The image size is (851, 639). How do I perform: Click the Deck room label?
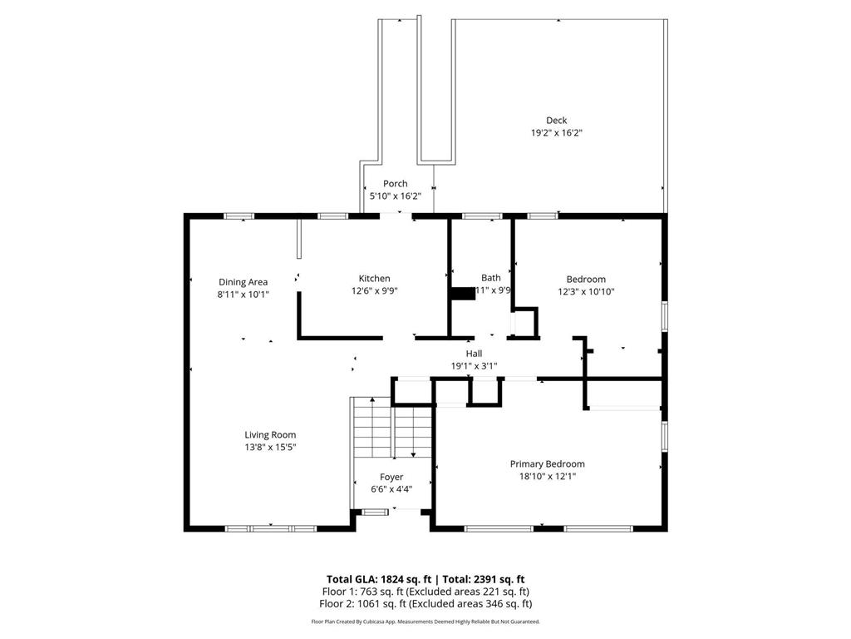pos(556,121)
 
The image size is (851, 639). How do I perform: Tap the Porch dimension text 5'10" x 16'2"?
pos(395,196)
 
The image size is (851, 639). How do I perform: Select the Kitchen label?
pos(374,279)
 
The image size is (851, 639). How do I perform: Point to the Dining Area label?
pos(243,282)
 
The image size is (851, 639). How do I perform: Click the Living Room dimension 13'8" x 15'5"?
pos(269,447)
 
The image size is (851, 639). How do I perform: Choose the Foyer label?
pos(391,477)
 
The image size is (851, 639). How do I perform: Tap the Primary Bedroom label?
pos(547,464)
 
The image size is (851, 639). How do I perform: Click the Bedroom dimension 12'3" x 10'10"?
pos(585,292)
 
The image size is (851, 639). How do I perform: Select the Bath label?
pos(490,278)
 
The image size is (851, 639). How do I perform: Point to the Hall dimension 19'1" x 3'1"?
pos(474,366)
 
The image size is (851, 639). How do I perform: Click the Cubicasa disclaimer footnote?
pos(425,622)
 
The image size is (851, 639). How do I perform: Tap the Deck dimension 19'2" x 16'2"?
pos(556,133)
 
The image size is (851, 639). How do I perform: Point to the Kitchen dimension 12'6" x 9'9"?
pos(374,291)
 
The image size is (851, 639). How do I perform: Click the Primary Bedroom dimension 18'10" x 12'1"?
pos(547,477)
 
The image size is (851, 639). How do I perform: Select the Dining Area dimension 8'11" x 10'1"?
pos(243,295)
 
